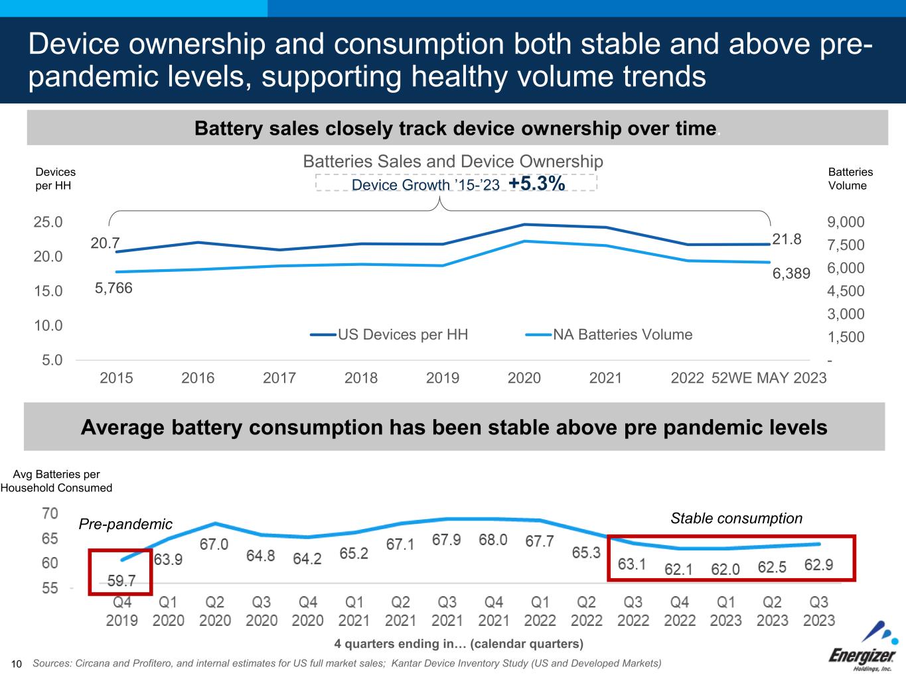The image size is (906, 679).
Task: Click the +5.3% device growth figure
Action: pos(536,184)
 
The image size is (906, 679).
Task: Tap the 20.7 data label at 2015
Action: pos(105,243)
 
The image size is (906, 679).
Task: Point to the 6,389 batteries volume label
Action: pos(791,273)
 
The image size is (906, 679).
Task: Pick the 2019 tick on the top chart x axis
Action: pos(443,378)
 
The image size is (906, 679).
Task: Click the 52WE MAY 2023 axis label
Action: pos(769,378)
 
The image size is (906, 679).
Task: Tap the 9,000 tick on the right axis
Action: pos(846,222)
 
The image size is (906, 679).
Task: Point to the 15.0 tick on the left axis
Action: pos(48,291)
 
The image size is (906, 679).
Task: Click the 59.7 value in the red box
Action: pos(121,581)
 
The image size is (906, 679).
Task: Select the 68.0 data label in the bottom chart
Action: pos(493,540)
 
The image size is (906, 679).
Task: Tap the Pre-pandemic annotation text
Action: pos(125,525)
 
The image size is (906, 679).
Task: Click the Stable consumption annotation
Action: pos(736,519)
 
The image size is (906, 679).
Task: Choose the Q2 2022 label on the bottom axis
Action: pos(586,611)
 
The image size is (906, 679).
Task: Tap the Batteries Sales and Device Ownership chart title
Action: pos(453,162)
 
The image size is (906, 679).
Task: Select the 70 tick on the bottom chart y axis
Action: pos(50,514)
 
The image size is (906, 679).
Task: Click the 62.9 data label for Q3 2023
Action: pos(818,566)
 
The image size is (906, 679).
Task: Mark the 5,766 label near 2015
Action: pos(113,288)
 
